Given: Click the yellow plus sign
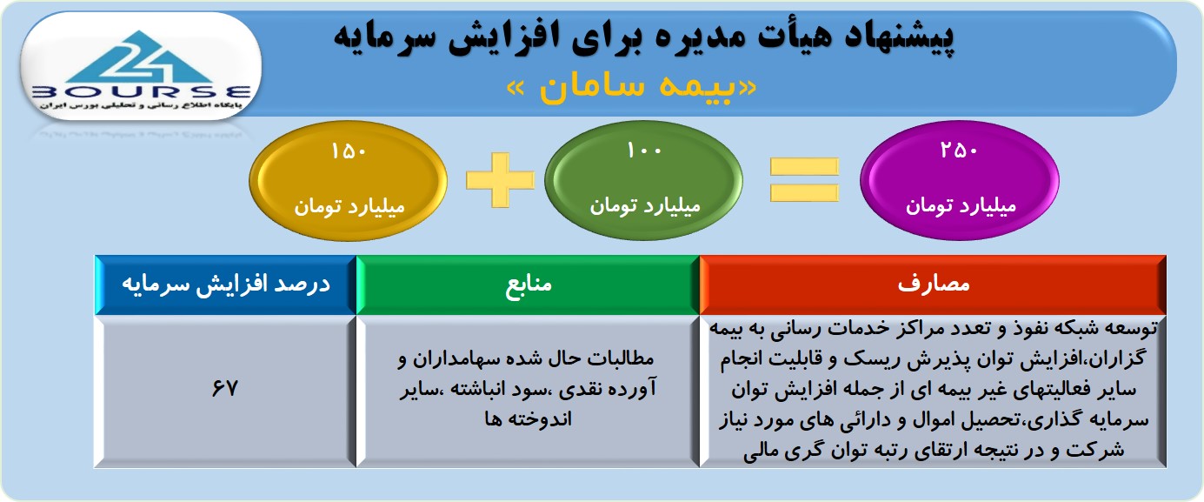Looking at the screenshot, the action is (x=500, y=180).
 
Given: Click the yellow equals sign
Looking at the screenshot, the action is (x=804, y=180).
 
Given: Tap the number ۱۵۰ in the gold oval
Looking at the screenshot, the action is (x=349, y=151).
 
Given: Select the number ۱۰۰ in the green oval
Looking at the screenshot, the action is (x=644, y=151).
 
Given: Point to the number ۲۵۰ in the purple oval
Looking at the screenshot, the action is (x=960, y=151).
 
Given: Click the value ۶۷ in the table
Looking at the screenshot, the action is (x=224, y=388).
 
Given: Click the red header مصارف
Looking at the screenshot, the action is (x=933, y=284).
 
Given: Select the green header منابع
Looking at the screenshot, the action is (x=529, y=284).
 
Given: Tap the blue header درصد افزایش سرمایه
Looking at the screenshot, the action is (x=226, y=284).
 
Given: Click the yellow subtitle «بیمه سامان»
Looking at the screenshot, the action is (x=632, y=87).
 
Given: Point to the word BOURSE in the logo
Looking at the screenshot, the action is (x=142, y=92).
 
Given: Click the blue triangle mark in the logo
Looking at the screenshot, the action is (x=141, y=57).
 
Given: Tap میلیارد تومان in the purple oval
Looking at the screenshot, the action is (x=961, y=205).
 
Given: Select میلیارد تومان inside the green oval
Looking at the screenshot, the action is (x=645, y=205).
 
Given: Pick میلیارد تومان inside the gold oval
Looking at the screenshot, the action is (x=349, y=206).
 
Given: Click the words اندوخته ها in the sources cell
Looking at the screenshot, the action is (x=528, y=419).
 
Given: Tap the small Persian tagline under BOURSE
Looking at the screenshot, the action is (x=141, y=105).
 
